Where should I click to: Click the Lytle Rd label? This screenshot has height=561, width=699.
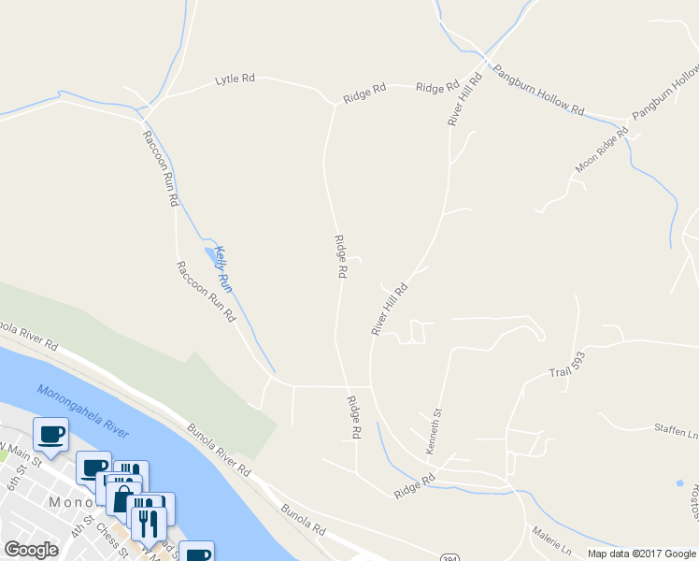235,79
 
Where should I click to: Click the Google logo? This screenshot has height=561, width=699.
31,550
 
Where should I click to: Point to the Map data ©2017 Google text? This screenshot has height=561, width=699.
641,554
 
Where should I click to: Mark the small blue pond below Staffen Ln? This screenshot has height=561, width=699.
678,483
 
